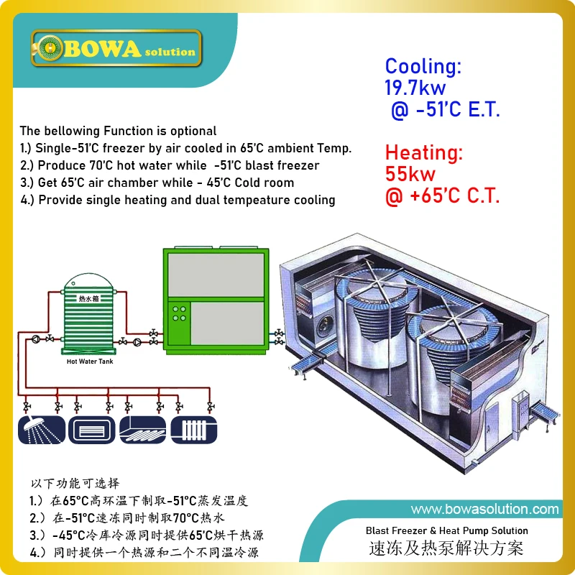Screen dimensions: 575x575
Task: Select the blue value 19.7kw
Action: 415,88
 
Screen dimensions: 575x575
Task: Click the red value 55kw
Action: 410,173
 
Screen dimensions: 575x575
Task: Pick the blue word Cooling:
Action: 423,67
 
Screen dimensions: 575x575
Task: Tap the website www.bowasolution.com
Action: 484,510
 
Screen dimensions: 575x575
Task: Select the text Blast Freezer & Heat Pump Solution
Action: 446,530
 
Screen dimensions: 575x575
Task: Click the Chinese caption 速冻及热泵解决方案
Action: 446,548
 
